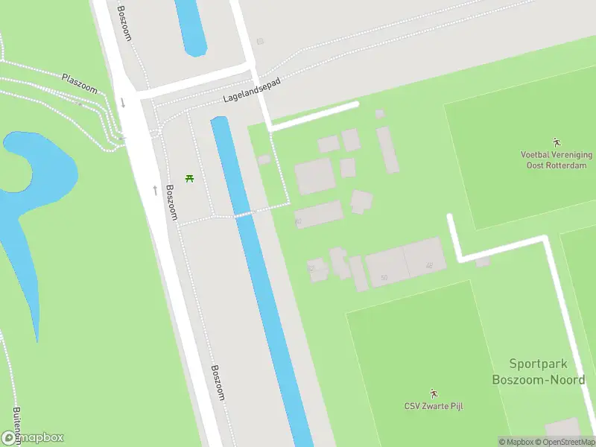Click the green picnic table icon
pyautogui.click(x=189, y=179)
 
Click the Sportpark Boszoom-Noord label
pyautogui.click(x=538, y=372)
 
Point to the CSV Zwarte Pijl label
pyautogui.click(x=434, y=406)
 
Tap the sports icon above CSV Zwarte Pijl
pyautogui.click(x=434, y=393)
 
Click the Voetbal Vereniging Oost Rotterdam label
pyautogui.click(x=556, y=159)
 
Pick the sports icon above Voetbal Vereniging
pyautogui.click(x=556, y=142)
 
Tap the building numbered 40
pyautogui.click(x=319, y=215)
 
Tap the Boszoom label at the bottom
pyautogui.click(x=218, y=382)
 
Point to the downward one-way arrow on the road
pyautogui.click(x=123, y=102)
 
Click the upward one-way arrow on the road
pyautogui.click(x=155, y=190)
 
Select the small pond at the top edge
pyautogui.click(x=191, y=25)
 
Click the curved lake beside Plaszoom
pyautogui.click(x=37, y=179)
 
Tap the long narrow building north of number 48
pyautogui.click(x=387, y=149)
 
